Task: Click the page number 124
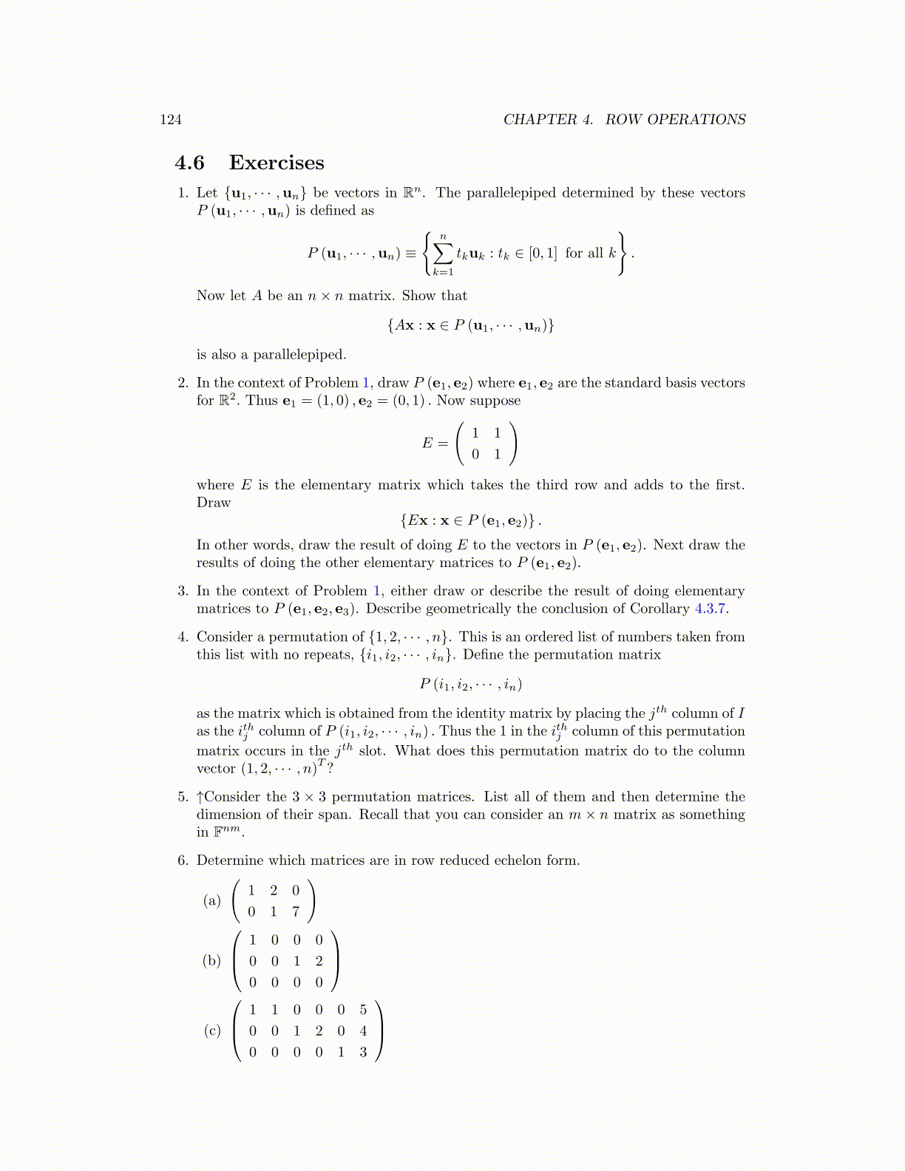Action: [x=171, y=120]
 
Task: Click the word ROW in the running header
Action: [x=623, y=120]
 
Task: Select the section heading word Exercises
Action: [x=277, y=163]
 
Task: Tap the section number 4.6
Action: [x=189, y=163]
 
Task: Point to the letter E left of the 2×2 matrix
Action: [x=427, y=444]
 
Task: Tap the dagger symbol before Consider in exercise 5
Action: [x=200, y=797]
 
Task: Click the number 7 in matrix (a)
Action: [x=296, y=912]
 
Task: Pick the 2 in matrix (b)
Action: [x=319, y=961]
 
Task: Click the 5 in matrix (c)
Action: [x=363, y=1010]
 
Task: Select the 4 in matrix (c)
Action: [x=363, y=1031]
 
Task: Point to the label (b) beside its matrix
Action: [x=212, y=961]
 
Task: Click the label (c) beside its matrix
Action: [x=212, y=1031]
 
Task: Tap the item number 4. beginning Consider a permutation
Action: [x=183, y=637]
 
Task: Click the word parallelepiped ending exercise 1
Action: [x=299, y=355]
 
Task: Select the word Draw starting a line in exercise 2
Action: [x=214, y=503]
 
